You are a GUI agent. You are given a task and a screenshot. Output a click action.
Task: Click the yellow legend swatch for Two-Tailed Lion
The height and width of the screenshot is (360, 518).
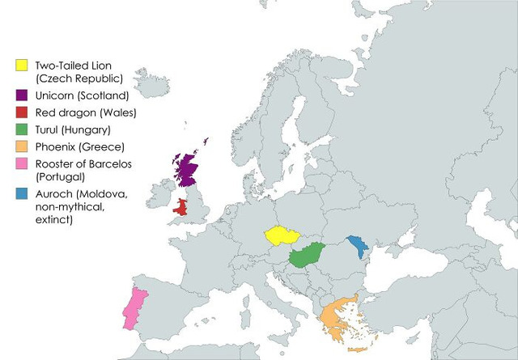(x=23, y=65)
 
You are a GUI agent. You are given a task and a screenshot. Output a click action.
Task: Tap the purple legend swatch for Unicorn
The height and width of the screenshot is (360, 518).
(x=23, y=95)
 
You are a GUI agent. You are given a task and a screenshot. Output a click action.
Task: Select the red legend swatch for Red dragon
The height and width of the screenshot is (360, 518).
(x=23, y=112)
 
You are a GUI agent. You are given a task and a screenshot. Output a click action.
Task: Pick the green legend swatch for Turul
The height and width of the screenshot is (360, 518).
(x=23, y=129)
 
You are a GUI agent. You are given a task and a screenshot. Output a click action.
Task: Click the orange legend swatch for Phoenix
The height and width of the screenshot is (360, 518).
(x=23, y=146)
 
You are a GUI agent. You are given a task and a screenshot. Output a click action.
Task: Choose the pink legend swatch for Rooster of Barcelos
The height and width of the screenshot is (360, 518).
(x=23, y=163)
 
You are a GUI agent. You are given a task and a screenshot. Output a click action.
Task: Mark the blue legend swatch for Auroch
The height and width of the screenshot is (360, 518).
(x=23, y=194)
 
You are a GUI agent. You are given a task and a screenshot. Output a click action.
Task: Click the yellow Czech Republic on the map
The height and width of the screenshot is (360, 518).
(x=280, y=235)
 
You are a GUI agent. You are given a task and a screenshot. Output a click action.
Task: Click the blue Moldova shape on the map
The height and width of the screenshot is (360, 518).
(x=356, y=244)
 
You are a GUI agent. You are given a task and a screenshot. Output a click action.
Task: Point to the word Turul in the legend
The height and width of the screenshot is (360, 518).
(x=49, y=129)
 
